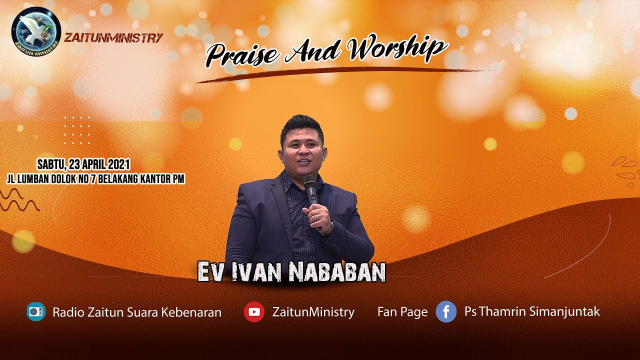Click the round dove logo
point(36,31)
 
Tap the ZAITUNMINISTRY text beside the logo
point(113,38)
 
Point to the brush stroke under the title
point(345,73)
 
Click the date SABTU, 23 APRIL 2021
point(84,163)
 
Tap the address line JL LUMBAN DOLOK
point(96,179)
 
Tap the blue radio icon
point(36,312)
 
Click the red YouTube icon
point(254,312)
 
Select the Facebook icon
point(446,312)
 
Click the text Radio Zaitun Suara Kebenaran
point(137,312)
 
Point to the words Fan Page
point(402,312)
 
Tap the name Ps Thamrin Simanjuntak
point(532,311)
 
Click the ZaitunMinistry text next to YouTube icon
point(313,312)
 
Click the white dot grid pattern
point(77,130)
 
